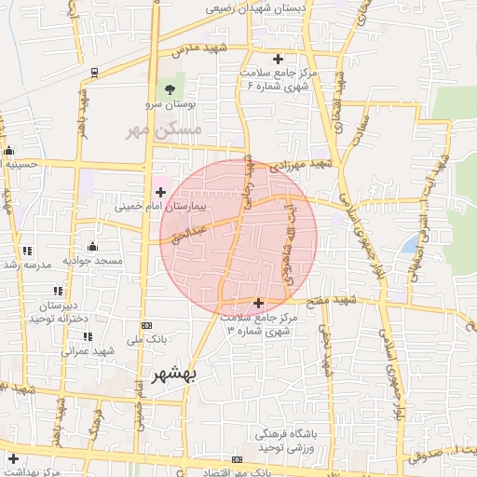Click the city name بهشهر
174,375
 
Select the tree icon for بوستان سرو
169,89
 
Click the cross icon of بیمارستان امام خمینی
160,191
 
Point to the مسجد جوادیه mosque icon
92,247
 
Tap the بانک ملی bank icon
146,325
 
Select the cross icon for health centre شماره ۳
258,303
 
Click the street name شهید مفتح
336,300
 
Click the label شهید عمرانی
88,351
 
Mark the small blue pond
410,244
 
